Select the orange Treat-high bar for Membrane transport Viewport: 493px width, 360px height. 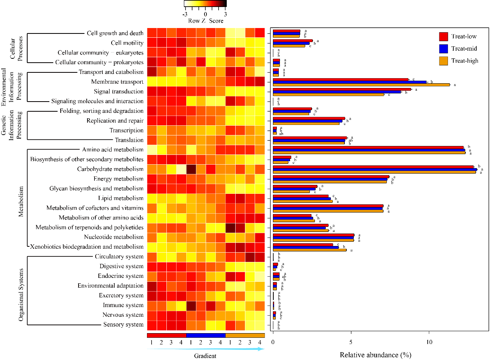[x=361, y=84]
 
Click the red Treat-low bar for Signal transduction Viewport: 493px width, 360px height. [x=342, y=89]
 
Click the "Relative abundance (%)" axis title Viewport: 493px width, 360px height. [x=375, y=355]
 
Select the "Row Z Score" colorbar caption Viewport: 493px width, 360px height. [x=206, y=21]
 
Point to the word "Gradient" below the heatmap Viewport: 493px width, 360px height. [x=205, y=356]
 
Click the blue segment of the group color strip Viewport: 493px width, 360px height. [x=206, y=335]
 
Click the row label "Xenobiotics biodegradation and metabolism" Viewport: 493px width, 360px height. [x=87, y=247]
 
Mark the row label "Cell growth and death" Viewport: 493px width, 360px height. [x=115, y=33]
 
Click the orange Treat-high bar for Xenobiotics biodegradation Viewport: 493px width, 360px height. [x=309, y=250]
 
